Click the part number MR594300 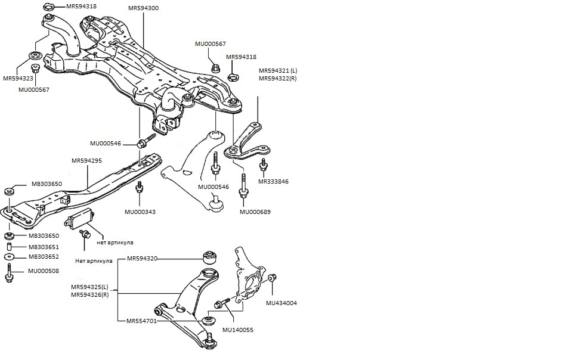[143, 8]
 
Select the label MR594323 [18, 78]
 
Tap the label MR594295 [86, 160]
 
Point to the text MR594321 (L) [278, 71]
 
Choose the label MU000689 [255, 212]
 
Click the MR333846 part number [273, 181]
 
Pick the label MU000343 [140, 212]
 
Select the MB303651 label [44, 247]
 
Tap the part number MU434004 [281, 303]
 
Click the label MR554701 [141, 321]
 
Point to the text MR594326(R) [90, 294]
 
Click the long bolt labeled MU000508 [9, 273]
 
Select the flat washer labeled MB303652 [9, 257]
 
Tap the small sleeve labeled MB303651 [10, 247]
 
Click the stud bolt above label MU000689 [243, 185]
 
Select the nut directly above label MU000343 [140, 187]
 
